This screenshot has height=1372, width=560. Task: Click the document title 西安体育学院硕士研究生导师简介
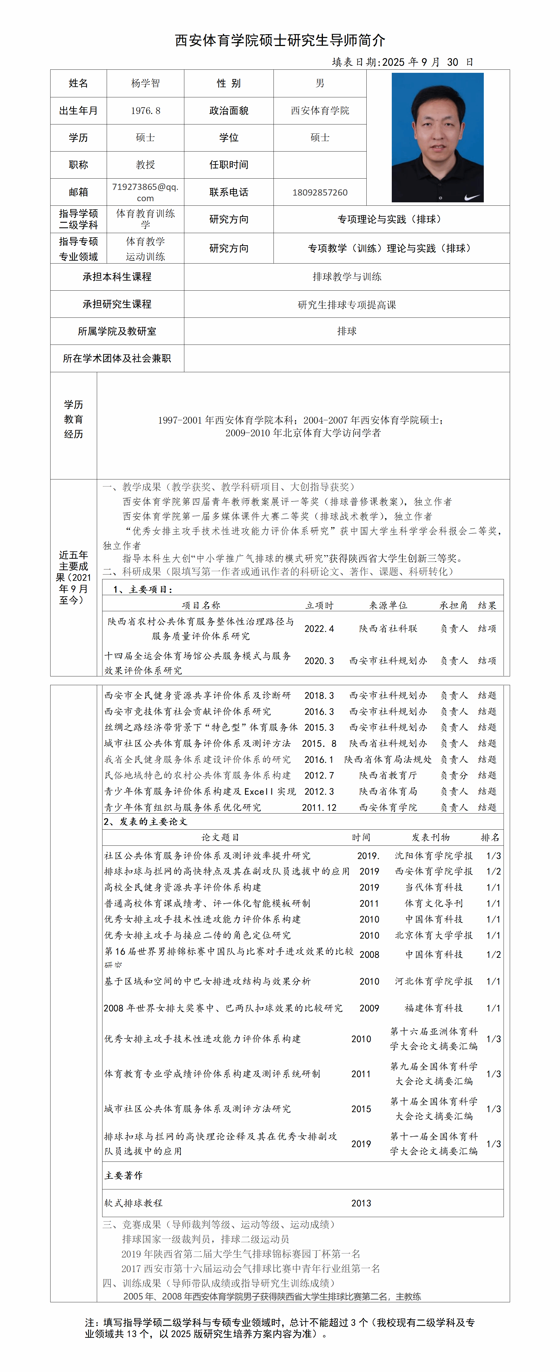click(x=280, y=40)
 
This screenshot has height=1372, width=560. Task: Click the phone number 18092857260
click(x=320, y=192)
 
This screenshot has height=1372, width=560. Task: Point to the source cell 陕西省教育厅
click(x=388, y=775)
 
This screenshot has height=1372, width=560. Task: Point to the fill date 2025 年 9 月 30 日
click(x=428, y=62)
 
